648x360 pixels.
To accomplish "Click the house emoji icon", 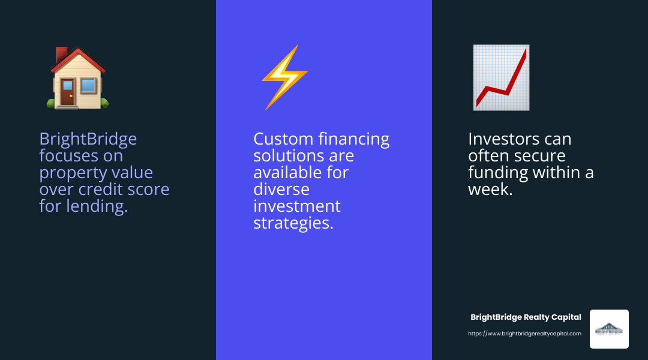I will point(78,78).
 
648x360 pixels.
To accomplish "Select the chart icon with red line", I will point(501,77).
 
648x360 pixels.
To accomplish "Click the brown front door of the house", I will point(68,92).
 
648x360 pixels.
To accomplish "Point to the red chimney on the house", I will point(61,55).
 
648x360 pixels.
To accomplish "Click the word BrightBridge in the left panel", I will point(88,139).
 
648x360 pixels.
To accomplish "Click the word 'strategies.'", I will point(293,223).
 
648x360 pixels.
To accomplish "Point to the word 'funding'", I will point(497,173).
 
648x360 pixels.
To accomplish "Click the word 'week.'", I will point(490,190).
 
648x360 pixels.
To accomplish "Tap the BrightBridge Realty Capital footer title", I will point(526,317).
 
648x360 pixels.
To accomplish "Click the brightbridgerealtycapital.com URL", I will point(524,334).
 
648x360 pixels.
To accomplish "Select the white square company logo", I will point(609,329).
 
